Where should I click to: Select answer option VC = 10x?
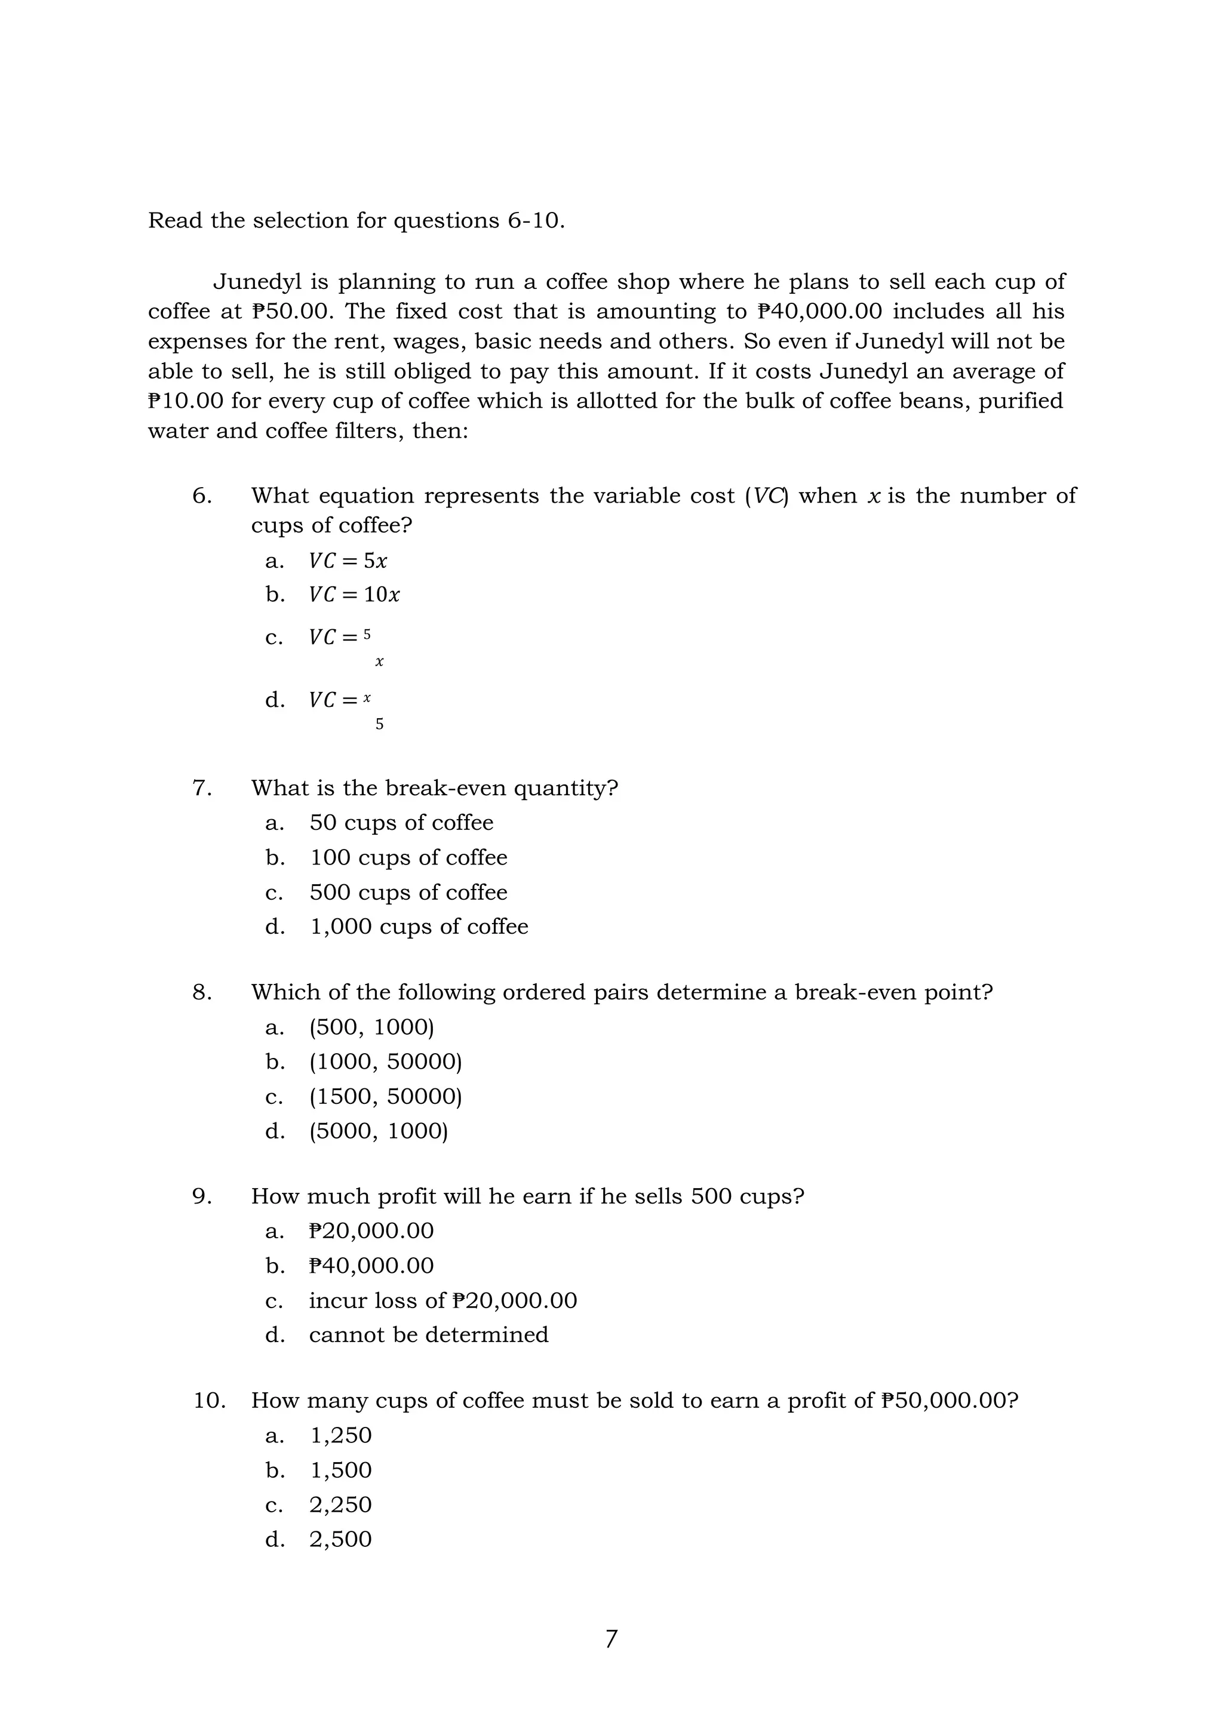tap(354, 595)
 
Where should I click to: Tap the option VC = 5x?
tap(348, 561)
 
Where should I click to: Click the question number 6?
tap(201, 496)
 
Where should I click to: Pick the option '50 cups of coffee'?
tap(401, 822)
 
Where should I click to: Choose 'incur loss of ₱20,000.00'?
tap(443, 1300)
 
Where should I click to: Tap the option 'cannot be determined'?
tap(429, 1334)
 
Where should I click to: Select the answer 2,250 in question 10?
tap(340, 1505)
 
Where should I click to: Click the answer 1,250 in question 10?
tap(340, 1435)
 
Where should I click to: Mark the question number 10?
tap(210, 1401)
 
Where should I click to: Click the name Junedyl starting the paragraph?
tap(257, 282)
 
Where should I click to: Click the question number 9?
tap(201, 1196)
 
